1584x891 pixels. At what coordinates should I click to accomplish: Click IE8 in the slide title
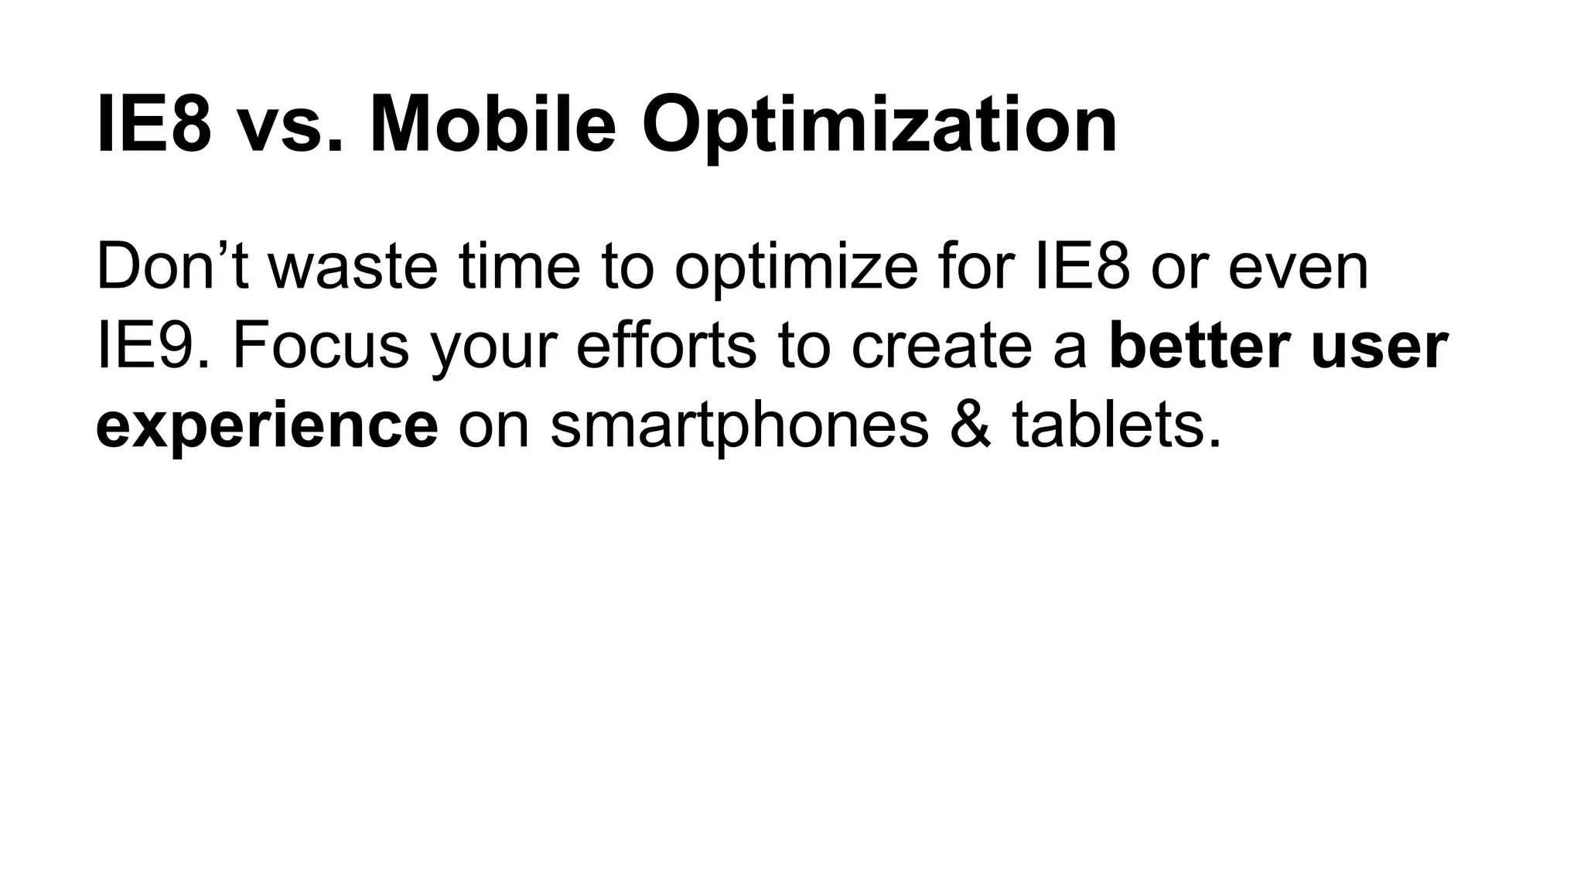pyautogui.click(x=153, y=124)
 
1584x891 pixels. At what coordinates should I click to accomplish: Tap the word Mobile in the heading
pyautogui.click(x=493, y=124)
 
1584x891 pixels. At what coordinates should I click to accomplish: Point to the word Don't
pyautogui.click(x=172, y=267)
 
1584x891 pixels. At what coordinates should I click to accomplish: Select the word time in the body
pyautogui.click(x=519, y=267)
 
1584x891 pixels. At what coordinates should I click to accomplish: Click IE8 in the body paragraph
pyautogui.click(x=1083, y=267)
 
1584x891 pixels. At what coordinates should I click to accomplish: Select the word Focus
pyautogui.click(x=320, y=346)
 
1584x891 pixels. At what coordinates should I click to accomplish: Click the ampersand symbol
pyautogui.click(x=969, y=425)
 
